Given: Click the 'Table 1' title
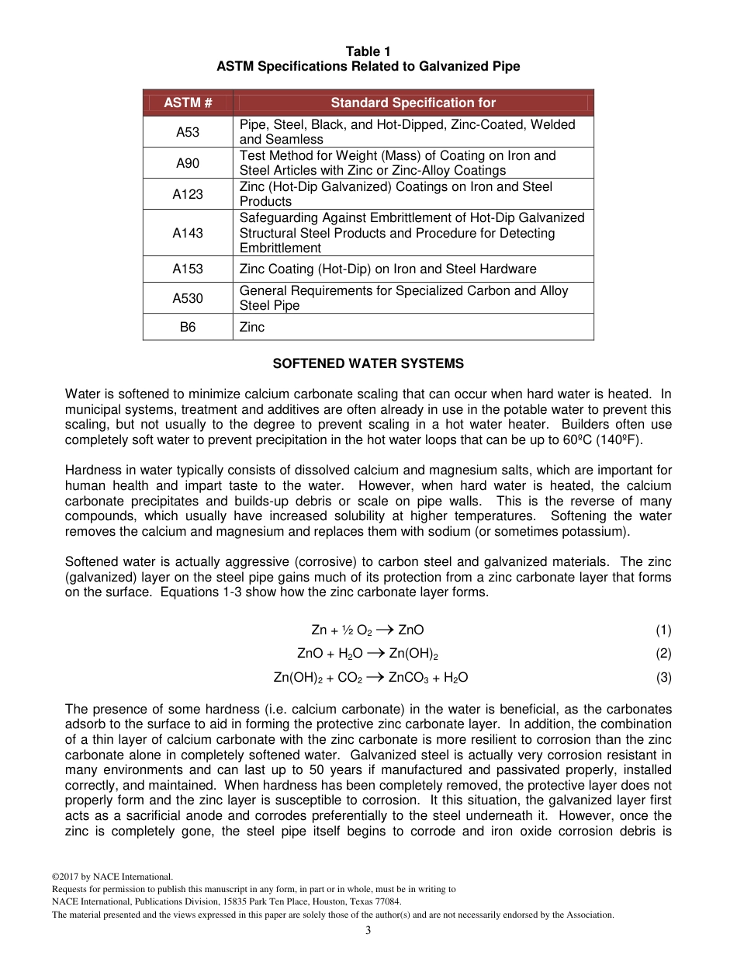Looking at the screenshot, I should pos(368,51).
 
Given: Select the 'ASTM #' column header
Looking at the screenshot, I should pos(188,102).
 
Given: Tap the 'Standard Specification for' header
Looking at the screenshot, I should pos(413,102).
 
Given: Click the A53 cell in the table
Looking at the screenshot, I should pos(188,132).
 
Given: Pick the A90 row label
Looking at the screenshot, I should pos(188,163).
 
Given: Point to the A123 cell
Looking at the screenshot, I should pos(188,194).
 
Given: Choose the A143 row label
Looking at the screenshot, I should pos(188,233).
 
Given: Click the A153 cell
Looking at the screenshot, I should pos(188,269).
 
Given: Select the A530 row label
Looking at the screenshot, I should pos(188,298).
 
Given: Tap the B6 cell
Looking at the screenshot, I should pos(188,327).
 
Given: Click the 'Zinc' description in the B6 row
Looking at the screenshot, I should pos(252,327).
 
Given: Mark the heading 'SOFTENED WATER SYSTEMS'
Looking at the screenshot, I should pos(368,363).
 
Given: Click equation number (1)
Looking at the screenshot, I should pos(663,630).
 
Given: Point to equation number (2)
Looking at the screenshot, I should pos(663,653).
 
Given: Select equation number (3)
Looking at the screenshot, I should pos(663,677).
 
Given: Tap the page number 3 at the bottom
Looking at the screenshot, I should pos(368,930).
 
